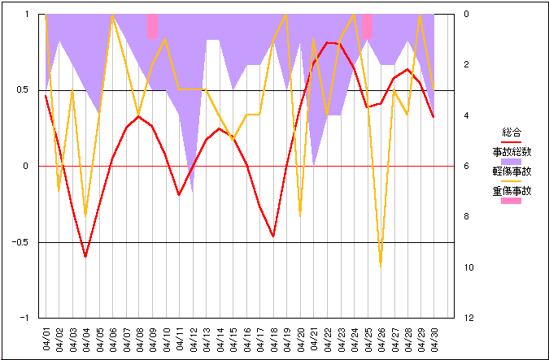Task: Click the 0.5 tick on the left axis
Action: tap(22, 90)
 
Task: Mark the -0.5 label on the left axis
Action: tap(20, 242)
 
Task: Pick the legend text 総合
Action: tap(511, 132)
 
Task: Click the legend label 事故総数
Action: tap(511, 151)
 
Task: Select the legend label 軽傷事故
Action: tap(511, 171)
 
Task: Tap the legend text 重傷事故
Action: tap(511, 192)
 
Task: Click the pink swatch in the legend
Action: tap(511, 201)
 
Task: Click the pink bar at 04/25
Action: tap(367, 26)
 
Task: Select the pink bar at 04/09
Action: tap(153, 26)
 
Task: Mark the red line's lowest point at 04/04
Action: tap(85, 256)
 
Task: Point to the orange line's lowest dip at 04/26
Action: tap(380, 265)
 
